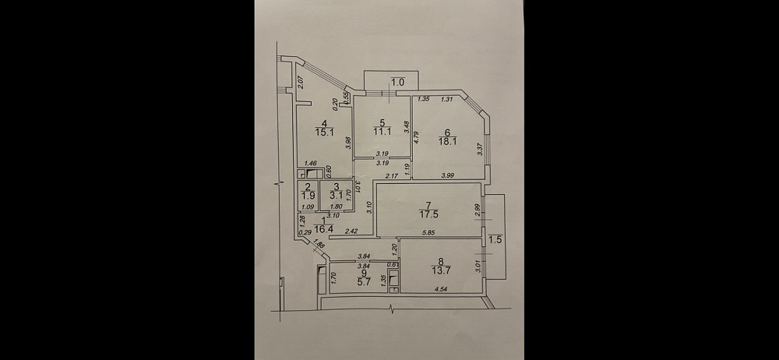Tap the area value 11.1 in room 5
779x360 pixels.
pos(381,132)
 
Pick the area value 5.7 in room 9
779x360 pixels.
pos(362,282)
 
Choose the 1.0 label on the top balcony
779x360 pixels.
pos(397,81)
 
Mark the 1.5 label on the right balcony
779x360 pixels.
pos(495,239)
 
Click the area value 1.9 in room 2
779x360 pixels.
pos(308,196)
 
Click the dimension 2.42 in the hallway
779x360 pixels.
pos(351,232)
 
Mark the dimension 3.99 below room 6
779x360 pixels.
pos(448,175)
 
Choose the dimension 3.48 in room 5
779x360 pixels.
pos(407,125)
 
